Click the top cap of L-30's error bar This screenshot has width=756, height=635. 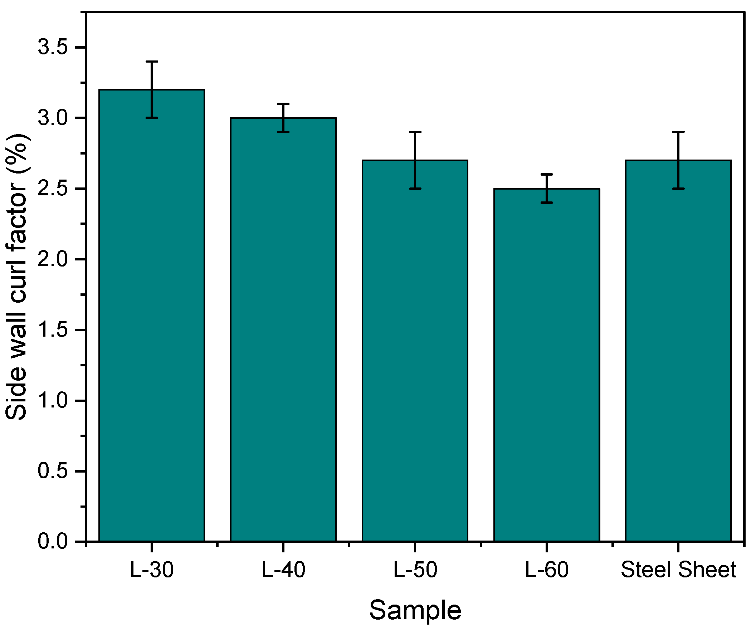point(152,62)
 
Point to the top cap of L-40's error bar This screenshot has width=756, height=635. point(283,104)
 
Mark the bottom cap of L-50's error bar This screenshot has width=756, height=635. point(415,189)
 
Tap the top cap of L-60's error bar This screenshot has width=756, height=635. point(546,174)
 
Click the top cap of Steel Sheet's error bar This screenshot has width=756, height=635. point(678,132)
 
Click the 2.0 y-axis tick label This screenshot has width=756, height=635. point(53,259)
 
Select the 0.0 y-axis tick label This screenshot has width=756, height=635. point(53,541)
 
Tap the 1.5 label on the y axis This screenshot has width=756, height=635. point(53,330)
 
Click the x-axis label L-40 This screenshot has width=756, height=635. point(283,570)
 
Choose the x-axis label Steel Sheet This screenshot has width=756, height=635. point(678,570)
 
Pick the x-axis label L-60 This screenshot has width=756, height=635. point(546,570)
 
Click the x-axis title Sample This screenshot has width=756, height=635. point(415,610)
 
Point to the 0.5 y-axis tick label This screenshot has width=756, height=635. point(53,471)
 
